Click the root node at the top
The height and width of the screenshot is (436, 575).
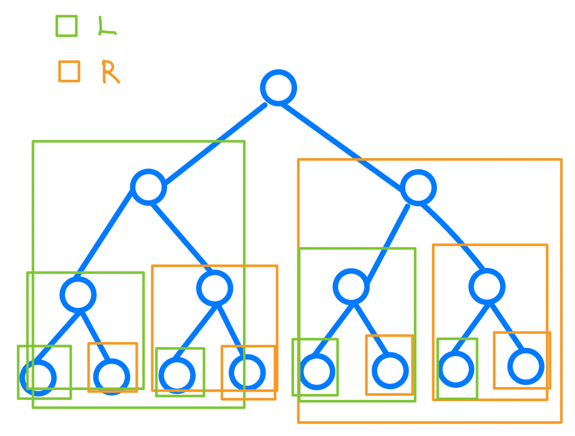279,88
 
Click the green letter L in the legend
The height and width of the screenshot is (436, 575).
106,26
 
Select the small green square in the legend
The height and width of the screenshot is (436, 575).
66,26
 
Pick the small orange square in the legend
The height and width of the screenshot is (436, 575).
69,71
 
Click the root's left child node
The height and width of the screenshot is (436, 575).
149,187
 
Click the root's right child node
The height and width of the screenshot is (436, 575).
419,187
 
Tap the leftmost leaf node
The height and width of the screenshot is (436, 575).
39,376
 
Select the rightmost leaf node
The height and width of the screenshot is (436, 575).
526,366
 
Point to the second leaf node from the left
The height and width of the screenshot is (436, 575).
112,376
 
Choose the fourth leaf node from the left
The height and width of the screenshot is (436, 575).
247,371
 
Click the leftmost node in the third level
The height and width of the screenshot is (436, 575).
78,294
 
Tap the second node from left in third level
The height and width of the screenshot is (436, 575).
215,288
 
